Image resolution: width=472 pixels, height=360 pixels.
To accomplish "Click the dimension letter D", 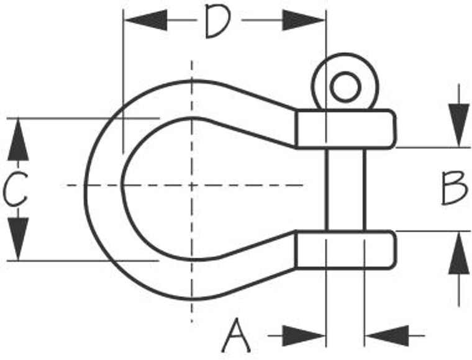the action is click(x=217, y=22).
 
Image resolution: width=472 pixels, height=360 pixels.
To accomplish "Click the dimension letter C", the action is click(x=15, y=190).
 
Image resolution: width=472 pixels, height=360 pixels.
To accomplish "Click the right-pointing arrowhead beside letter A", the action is click(x=304, y=336).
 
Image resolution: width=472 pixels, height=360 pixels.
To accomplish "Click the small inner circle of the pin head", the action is click(x=345, y=86).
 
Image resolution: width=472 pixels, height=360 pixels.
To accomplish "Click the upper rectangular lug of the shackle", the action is click(x=345, y=129).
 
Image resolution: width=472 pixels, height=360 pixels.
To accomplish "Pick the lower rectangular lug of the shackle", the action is click(x=345, y=249).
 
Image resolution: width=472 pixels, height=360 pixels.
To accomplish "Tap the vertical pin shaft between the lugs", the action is click(x=345, y=189).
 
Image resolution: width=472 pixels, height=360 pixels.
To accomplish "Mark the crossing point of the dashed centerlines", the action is click(x=192, y=186).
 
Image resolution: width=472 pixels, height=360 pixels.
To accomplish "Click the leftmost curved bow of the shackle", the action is click(x=102, y=186).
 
